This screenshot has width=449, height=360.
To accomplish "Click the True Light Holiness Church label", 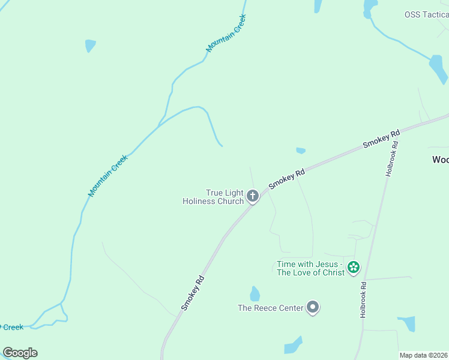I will click(213, 197).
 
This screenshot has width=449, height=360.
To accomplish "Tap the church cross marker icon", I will click(253, 196).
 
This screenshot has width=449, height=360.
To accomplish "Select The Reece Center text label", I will click(271, 308).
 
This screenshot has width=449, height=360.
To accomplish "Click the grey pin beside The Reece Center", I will click(313, 307).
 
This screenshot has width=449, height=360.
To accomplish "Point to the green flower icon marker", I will click(354, 267).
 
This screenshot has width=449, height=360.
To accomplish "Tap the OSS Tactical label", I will click(426, 15).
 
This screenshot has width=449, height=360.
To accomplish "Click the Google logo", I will click(20, 353).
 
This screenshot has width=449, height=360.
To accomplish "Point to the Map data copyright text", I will click(423, 355).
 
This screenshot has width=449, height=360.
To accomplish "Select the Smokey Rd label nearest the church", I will click(287, 179).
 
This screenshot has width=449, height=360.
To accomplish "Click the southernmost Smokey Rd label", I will click(193, 293).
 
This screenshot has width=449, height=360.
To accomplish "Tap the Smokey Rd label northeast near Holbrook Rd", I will click(382, 139).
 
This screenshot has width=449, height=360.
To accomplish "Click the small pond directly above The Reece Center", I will click(255, 293).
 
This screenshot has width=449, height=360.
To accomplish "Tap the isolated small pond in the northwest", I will click(90, 46).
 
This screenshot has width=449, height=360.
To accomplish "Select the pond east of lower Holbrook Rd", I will click(408, 323).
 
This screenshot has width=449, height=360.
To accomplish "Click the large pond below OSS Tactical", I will click(438, 69).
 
